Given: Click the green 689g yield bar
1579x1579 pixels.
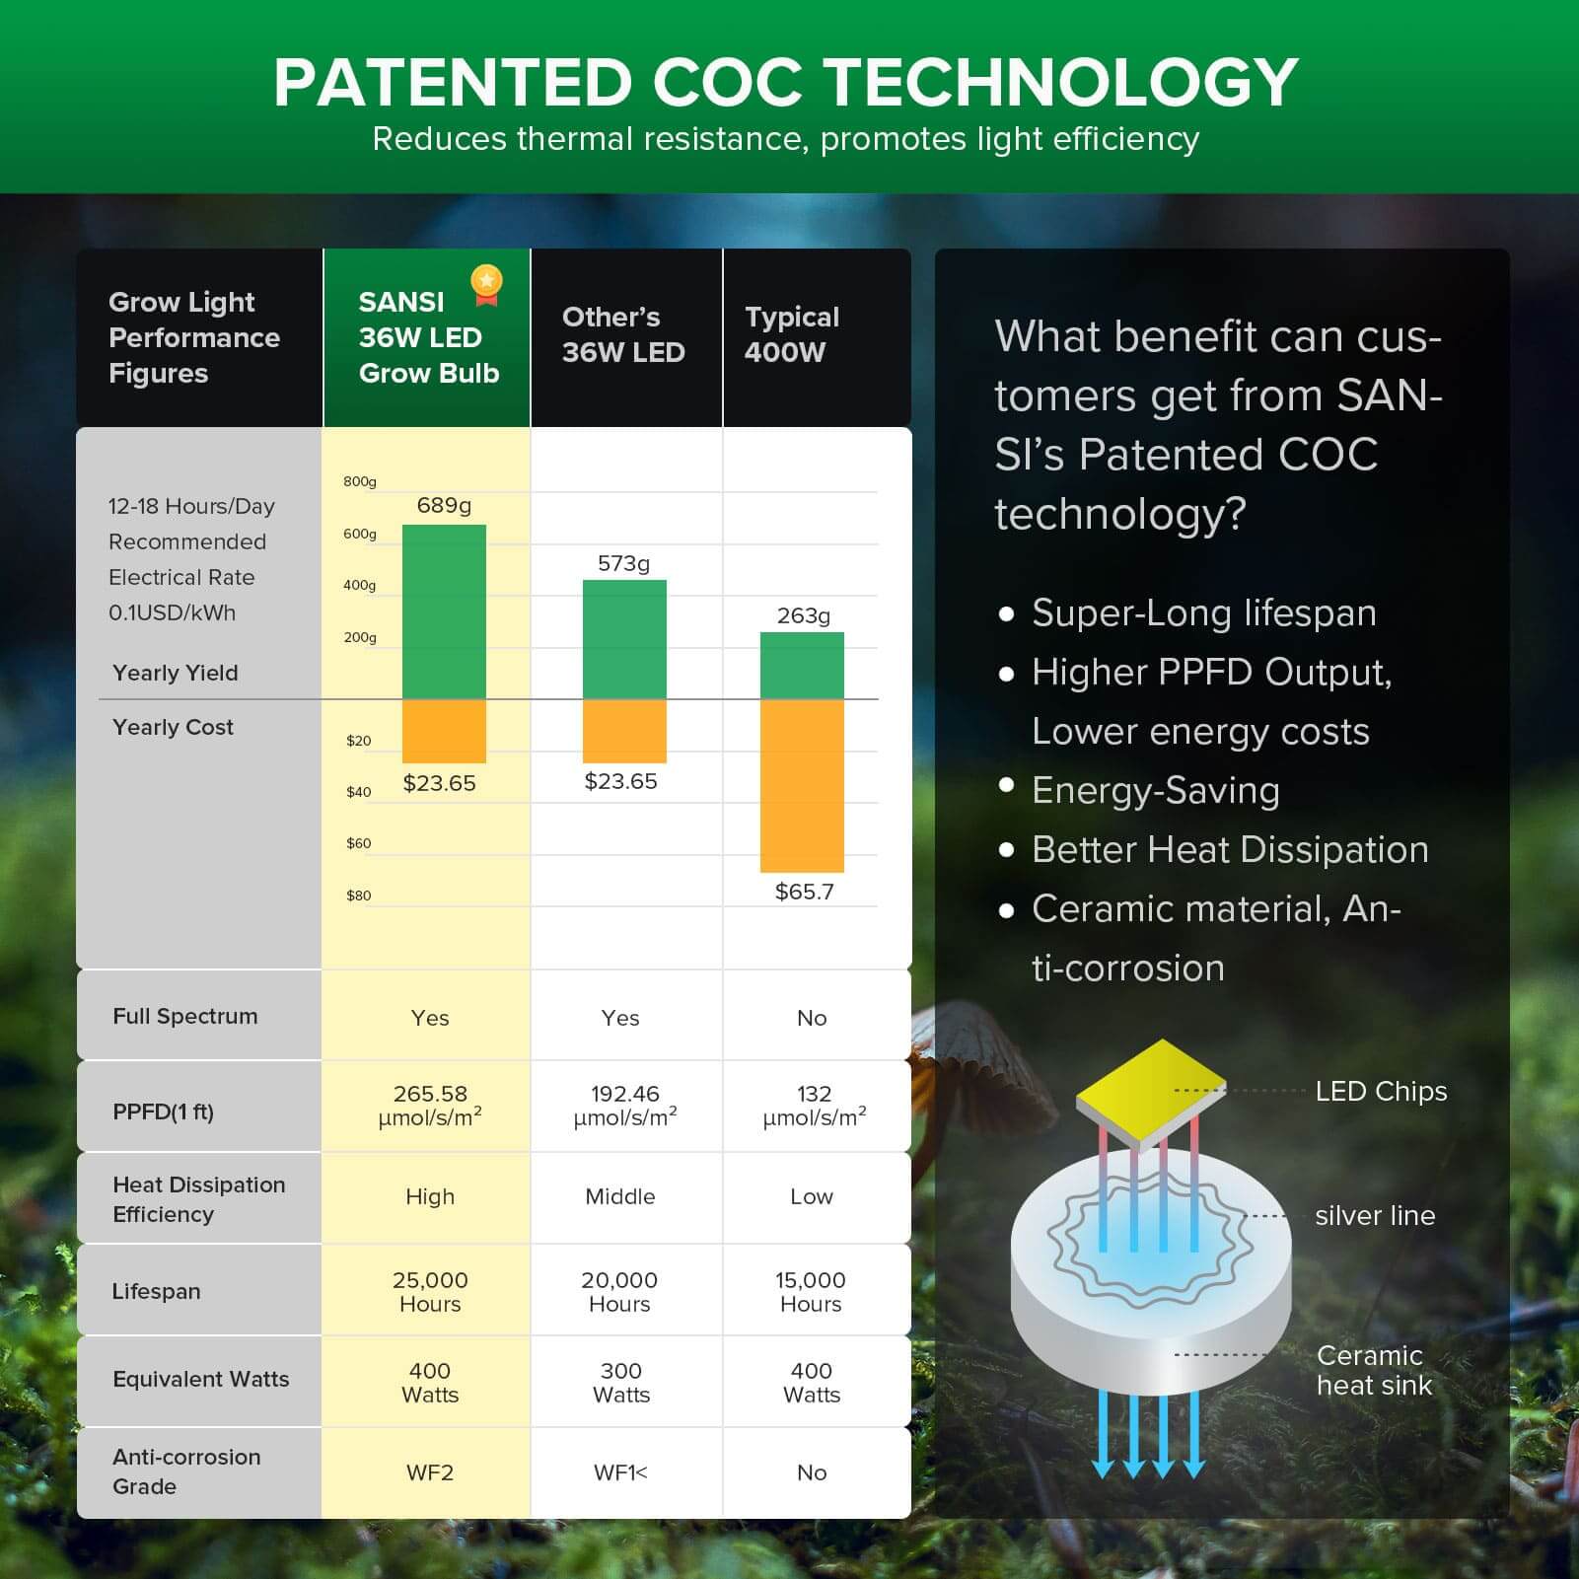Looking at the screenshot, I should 444,611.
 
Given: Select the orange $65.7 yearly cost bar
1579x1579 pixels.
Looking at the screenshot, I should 802,786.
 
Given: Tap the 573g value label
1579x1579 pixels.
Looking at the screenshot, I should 623,563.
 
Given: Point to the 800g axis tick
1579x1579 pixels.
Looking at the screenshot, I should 360,481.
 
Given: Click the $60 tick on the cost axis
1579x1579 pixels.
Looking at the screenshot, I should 358,843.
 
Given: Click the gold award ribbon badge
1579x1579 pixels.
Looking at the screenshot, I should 486,284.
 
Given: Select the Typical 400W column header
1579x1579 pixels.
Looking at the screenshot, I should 791,334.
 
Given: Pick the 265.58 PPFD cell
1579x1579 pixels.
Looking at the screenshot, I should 430,1105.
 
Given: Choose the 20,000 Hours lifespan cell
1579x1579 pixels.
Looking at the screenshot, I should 619,1291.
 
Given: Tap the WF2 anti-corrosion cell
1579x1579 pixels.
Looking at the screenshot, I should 430,1472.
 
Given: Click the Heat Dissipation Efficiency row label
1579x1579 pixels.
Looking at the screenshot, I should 198,1198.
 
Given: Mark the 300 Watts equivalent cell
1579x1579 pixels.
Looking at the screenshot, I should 621,1382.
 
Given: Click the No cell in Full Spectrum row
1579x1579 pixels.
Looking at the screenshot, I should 812,1018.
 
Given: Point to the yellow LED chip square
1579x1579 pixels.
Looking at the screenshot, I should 1150,1091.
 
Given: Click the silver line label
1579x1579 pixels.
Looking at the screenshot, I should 1374,1215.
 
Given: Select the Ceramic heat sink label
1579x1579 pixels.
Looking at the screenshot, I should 1373,1370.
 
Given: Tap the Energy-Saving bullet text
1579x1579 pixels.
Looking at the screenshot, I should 1155,790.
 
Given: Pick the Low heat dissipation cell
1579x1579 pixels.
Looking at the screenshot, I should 812,1196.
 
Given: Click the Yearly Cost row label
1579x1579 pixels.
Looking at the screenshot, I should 173,727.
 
